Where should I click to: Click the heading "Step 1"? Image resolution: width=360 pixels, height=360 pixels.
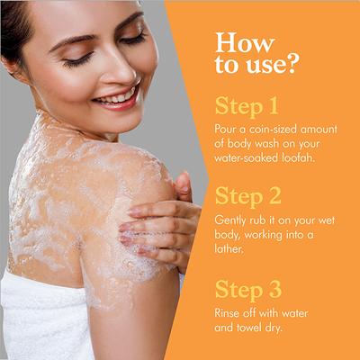pos(247,106)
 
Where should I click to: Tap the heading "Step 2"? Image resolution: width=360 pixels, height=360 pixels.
pos(248,196)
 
